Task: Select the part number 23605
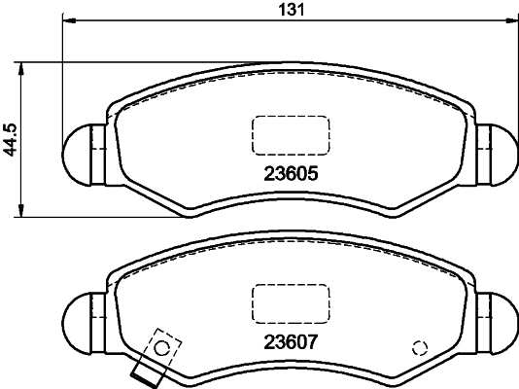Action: click(x=292, y=176)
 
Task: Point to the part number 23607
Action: click(x=292, y=342)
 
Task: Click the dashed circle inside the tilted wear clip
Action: click(x=164, y=347)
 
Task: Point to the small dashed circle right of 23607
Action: click(x=420, y=348)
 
